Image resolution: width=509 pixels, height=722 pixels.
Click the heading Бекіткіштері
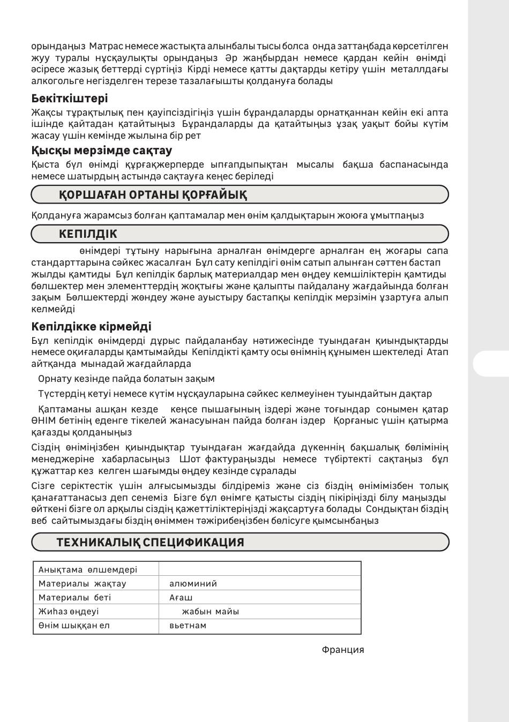pos(69,99)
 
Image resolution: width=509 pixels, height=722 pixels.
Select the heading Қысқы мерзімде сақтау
pos(101,151)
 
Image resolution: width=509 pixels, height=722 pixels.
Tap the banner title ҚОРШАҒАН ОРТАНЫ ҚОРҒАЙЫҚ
pos(153,195)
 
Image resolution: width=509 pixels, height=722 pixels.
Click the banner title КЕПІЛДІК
pos(88,234)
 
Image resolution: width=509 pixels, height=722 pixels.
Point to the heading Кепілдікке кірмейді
pos(91,327)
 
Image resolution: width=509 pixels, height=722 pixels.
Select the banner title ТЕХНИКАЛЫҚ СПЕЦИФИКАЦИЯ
pos(150,543)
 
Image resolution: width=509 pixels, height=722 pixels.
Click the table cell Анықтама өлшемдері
pos(87,570)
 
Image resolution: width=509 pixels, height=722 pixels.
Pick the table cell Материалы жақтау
pos(82,584)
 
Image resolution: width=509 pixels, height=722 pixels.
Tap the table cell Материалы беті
pos(74,598)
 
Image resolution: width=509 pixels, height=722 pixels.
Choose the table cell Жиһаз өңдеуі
pos(69,612)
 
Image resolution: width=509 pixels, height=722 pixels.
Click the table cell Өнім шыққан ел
pos(74,626)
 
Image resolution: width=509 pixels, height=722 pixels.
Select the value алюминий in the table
pos(193,584)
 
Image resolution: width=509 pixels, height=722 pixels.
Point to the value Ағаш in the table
pos(181,598)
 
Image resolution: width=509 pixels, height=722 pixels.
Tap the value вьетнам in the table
pos(188,626)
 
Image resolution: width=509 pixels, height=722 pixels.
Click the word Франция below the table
pos(343,650)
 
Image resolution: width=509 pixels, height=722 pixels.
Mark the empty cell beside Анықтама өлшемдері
pos(260,569)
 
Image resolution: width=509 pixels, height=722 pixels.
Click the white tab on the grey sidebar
pos(491,364)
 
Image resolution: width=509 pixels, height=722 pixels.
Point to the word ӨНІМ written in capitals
pos(42,421)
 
